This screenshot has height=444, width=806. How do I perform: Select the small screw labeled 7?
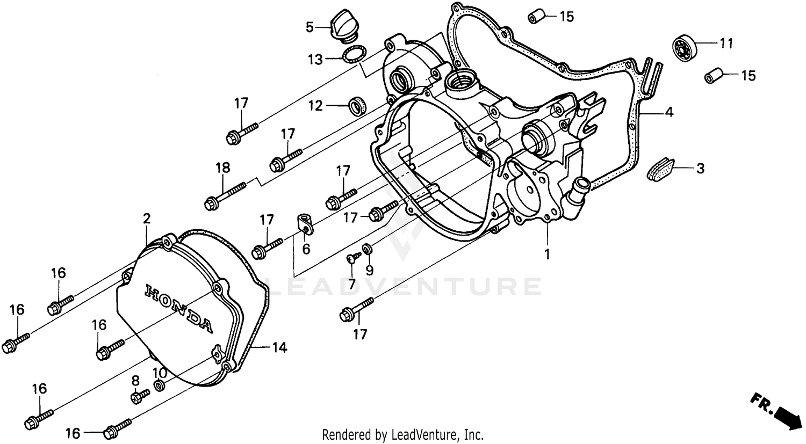click(x=350, y=259)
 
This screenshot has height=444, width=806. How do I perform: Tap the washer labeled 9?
click(x=367, y=248)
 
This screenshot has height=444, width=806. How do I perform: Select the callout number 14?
click(x=279, y=348)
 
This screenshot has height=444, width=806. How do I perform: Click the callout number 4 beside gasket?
click(x=668, y=112)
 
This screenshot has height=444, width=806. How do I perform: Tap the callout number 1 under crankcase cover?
click(x=548, y=254)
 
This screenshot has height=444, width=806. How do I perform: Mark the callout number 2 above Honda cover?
click(x=146, y=219)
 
